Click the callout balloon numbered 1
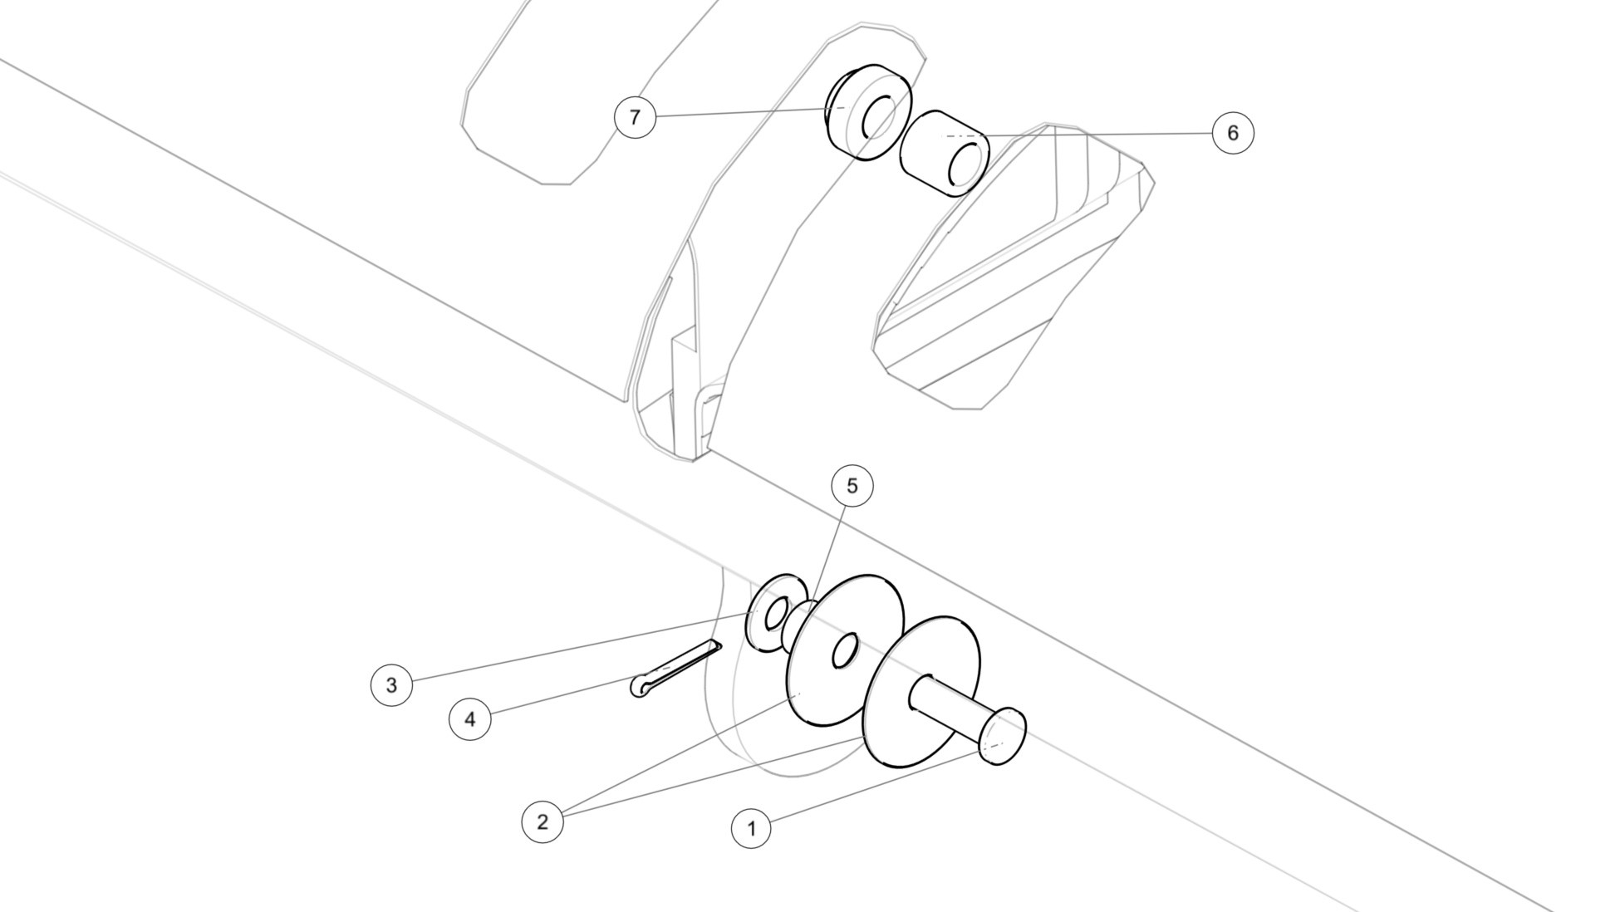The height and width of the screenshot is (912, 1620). click(x=751, y=828)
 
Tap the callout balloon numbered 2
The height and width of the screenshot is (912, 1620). click(x=542, y=821)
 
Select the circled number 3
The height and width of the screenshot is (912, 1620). click(x=391, y=685)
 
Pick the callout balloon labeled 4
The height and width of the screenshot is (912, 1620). click(x=469, y=719)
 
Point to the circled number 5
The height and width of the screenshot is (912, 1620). click(x=852, y=486)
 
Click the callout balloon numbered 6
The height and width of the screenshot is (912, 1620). click(x=1233, y=133)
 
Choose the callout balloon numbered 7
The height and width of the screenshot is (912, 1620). click(x=636, y=117)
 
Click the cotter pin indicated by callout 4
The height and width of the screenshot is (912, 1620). click(x=675, y=669)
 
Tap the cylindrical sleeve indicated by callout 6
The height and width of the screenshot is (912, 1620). click(x=945, y=154)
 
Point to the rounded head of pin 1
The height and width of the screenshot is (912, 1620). click(x=1003, y=736)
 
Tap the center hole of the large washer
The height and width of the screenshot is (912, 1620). click(x=845, y=650)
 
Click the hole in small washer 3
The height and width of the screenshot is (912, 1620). click(x=777, y=613)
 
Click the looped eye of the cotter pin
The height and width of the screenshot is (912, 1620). click(x=639, y=687)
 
